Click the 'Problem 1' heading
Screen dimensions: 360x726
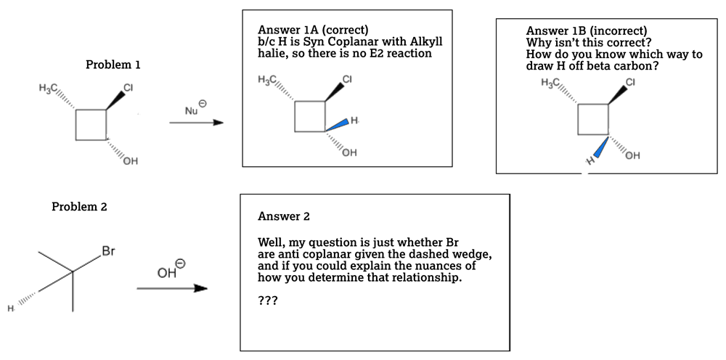pyautogui.click(x=113, y=65)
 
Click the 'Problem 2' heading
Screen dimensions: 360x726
pyautogui.click(x=79, y=207)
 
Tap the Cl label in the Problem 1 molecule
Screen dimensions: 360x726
pyautogui.click(x=128, y=88)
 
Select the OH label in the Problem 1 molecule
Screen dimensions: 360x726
pyautogui.click(x=130, y=161)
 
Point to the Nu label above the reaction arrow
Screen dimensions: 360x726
pyautogui.click(x=192, y=110)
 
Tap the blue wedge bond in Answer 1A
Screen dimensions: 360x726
pyautogui.click(x=335, y=126)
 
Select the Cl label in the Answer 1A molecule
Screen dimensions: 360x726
pyautogui.click(x=346, y=78)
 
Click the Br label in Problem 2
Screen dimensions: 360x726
pyautogui.click(x=109, y=252)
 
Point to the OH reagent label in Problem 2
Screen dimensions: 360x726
pyautogui.click(x=168, y=273)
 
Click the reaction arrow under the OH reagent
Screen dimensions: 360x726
pyautogui.click(x=171, y=289)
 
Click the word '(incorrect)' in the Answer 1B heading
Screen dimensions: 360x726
pyautogui.click(x=618, y=31)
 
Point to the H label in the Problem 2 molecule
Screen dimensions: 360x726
pyautogui.click(x=11, y=310)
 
